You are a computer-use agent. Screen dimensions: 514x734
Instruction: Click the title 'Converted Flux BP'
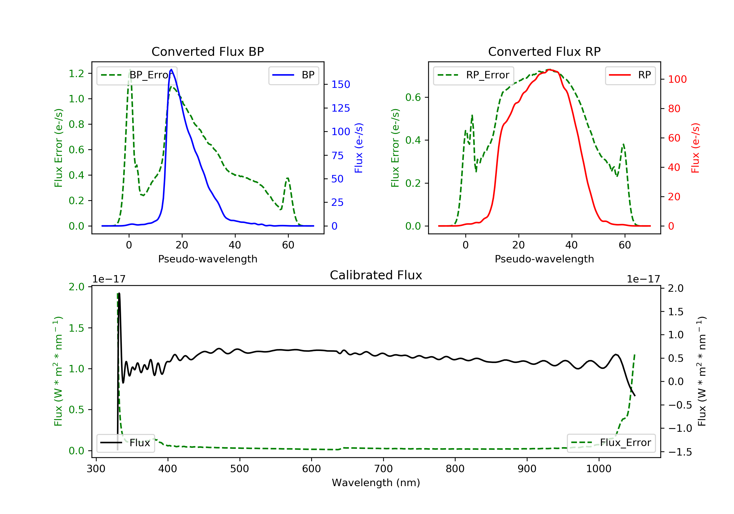click(207, 51)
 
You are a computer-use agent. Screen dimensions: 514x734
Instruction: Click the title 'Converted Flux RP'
click(544, 51)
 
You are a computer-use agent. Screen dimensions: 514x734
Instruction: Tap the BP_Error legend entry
click(137, 75)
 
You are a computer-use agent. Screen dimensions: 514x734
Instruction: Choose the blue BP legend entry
click(293, 75)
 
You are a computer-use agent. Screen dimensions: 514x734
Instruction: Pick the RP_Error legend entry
click(473, 75)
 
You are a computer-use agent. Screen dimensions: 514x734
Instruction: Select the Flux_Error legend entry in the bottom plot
click(611, 443)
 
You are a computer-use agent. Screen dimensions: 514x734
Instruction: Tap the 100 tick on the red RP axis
click(677, 79)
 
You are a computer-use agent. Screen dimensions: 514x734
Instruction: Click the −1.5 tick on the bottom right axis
click(680, 452)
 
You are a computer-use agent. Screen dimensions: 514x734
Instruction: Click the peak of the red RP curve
click(549, 70)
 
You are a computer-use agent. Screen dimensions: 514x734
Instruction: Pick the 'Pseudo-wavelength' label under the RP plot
click(544, 259)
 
